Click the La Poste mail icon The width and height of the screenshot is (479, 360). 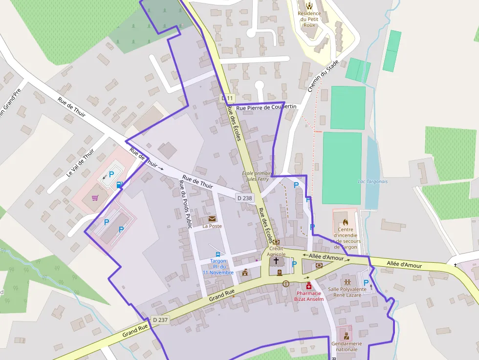click(212, 219)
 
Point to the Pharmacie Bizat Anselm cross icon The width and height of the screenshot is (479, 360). click(308, 286)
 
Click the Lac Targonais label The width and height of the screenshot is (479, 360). click(372, 181)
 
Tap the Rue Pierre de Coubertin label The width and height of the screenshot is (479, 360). click(266, 107)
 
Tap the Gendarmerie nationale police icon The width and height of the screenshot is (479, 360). click(346, 336)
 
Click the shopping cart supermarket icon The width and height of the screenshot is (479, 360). click(95, 198)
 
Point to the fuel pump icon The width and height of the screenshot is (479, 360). click(119, 185)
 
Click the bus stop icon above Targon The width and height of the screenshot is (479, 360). click(218, 254)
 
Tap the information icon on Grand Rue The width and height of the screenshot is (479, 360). click(286, 283)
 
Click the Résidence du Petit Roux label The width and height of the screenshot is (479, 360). click(309, 19)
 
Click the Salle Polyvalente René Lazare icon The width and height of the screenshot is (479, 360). click(348, 282)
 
